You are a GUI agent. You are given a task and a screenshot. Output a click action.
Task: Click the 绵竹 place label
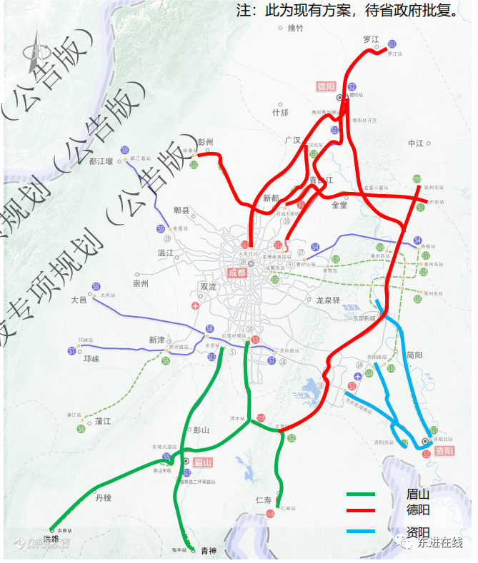296,29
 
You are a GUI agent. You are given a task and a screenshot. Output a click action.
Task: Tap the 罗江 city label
371,40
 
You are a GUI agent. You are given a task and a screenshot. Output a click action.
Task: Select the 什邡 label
280,113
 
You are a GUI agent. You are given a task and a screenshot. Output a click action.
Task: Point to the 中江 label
417,143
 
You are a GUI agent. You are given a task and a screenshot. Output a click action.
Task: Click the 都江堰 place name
101,161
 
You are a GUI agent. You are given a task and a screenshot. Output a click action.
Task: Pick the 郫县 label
182,211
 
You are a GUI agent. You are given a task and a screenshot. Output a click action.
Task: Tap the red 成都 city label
236,273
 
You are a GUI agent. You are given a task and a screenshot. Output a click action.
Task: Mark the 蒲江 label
103,422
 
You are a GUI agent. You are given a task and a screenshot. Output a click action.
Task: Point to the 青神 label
208,550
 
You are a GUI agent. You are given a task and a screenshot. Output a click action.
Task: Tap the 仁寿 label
264,499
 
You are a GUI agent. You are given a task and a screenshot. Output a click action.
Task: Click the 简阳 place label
414,355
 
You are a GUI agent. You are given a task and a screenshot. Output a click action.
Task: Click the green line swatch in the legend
361,494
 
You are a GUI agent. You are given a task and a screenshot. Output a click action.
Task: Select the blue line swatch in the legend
361,531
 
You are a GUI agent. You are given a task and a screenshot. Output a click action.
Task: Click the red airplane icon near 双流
195,306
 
